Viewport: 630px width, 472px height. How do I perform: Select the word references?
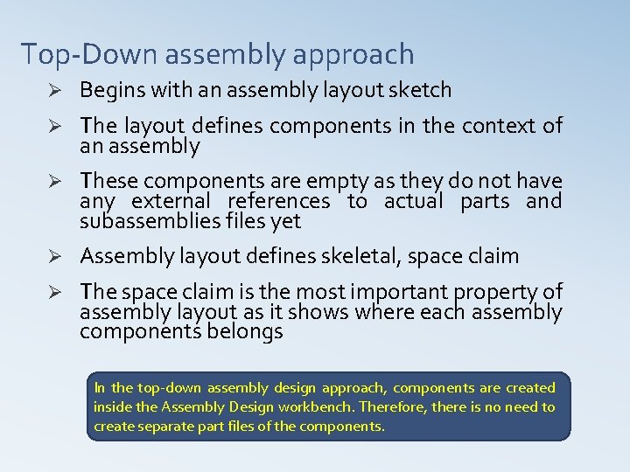click(279, 202)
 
